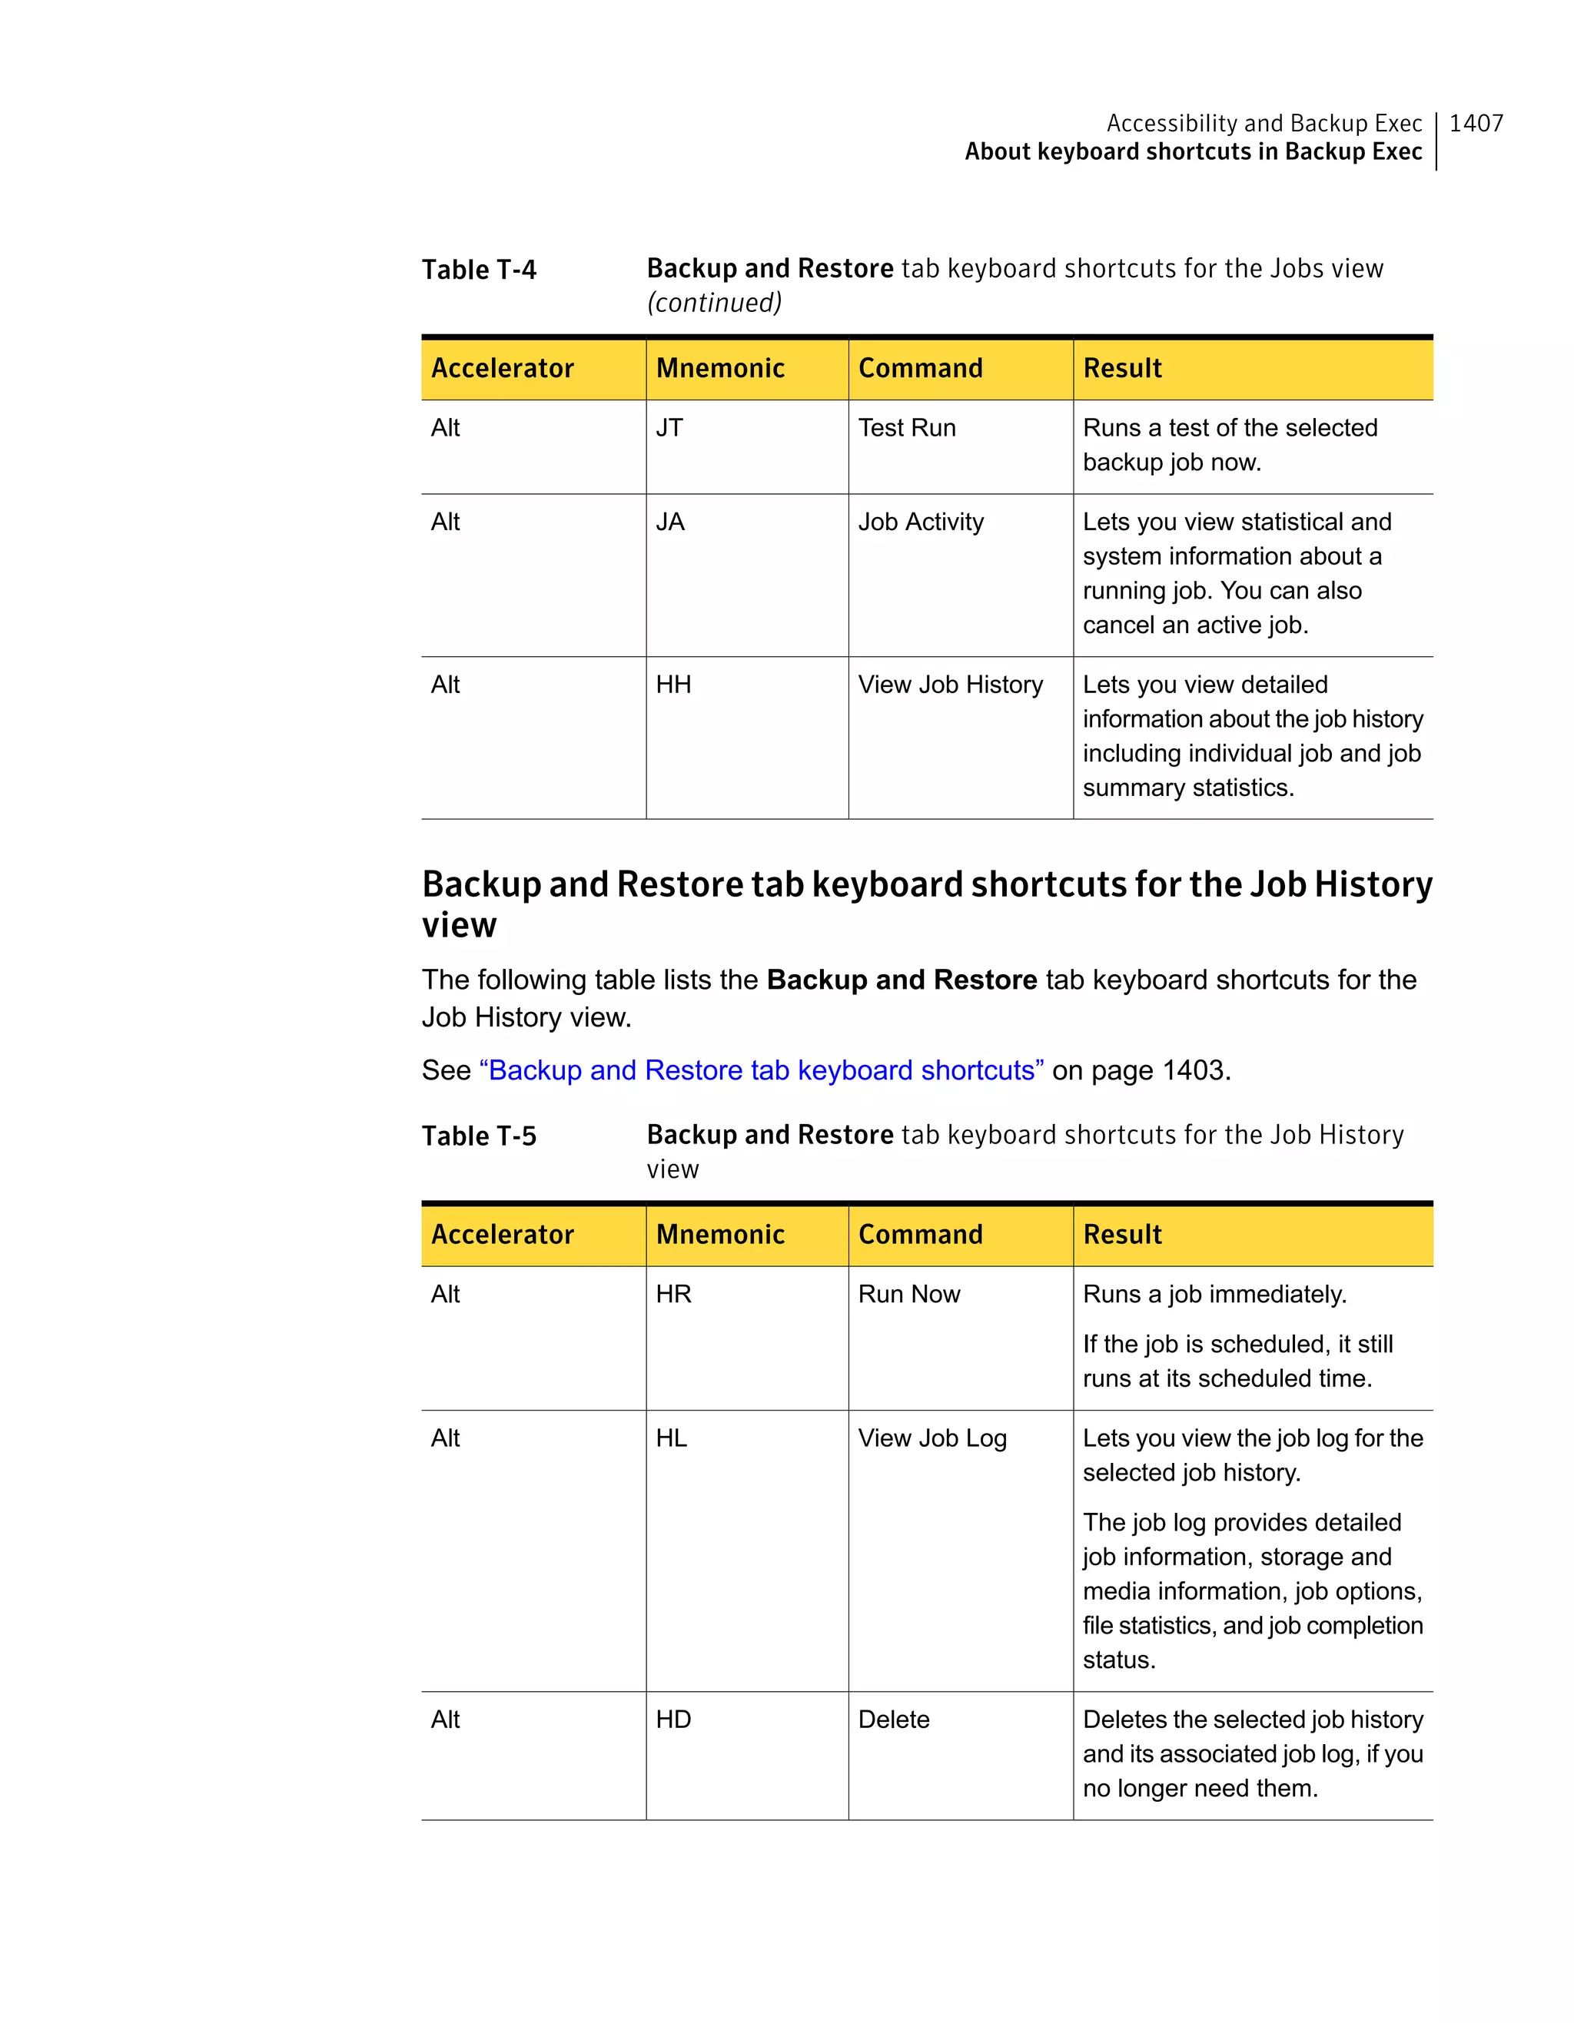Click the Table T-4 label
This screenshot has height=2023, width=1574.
click(478, 270)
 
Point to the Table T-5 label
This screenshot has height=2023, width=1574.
click(478, 1136)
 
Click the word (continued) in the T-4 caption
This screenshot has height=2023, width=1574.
click(713, 303)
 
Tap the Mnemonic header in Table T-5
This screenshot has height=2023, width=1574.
click(720, 1235)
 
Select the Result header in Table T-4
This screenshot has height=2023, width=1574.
click(1122, 369)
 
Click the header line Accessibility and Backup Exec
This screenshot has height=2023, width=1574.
click(1264, 123)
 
